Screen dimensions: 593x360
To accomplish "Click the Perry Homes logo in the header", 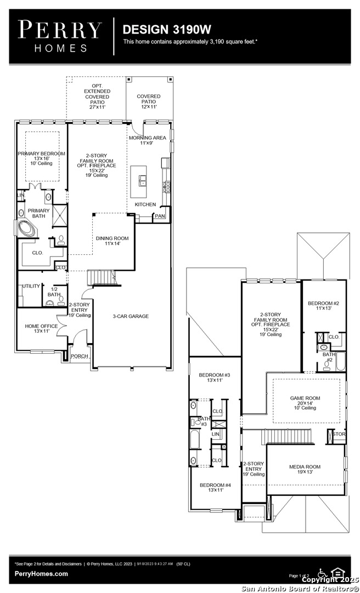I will click(x=60, y=35).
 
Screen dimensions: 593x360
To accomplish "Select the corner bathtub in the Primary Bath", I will click(x=26, y=228).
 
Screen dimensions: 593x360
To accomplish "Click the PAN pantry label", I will click(x=160, y=216).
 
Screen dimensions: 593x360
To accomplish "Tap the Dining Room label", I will click(x=112, y=241).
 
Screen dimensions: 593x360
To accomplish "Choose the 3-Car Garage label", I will click(x=131, y=316).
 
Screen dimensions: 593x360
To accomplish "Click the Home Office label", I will click(x=41, y=329).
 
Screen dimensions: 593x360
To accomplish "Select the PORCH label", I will click(x=80, y=356).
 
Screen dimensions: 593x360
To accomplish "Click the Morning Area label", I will click(x=148, y=141).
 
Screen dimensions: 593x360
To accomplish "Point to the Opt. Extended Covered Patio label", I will click(x=97, y=97).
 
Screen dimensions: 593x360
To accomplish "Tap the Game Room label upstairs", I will click(x=305, y=401).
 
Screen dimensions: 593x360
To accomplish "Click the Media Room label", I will click(x=305, y=469).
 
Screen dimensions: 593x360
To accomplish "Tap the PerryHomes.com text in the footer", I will click(x=42, y=574).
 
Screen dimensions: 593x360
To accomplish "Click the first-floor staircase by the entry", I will click(x=102, y=277).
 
